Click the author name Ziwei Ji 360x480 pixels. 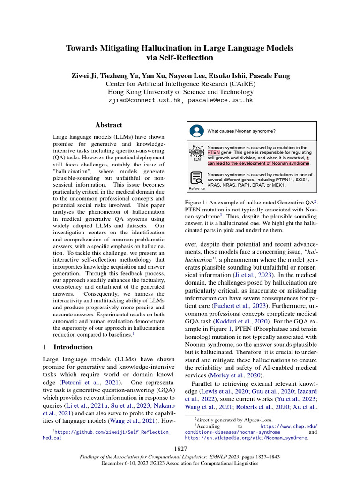[x=87, y=75]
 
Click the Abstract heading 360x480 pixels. [x=109, y=125]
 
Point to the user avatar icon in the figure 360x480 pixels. [x=197, y=130]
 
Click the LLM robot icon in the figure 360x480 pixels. [x=197, y=152]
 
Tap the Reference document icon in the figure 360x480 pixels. [x=197, y=178]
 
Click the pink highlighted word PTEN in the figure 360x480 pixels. [x=213, y=152]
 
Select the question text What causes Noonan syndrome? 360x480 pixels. [x=241, y=131]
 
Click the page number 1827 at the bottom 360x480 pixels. [x=180, y=449]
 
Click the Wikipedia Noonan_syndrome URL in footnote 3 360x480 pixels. [x=246, y=438]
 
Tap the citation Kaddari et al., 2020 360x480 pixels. [x=244, y=321]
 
